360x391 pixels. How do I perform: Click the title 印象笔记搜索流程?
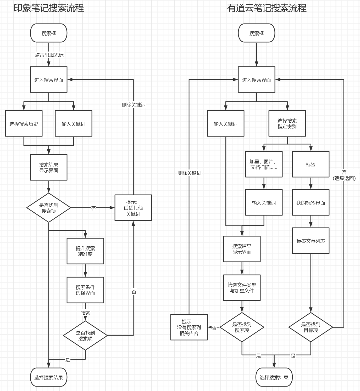pos(49,8)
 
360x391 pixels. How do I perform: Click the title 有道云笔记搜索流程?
pos(267,8)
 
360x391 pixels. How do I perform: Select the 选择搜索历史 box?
pos(24,123)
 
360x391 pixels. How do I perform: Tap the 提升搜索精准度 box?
pos(85,251)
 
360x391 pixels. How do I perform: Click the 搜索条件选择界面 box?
pos(85,290)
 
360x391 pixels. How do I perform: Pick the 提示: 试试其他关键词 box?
pos(133,208)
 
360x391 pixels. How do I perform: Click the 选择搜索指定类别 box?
pos(287,123)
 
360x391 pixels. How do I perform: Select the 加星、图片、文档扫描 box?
pos(264,164)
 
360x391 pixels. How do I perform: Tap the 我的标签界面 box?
pos(311,203)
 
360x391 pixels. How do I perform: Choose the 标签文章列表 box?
pos(311,241)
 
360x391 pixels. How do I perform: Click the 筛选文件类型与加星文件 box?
pos(242,288)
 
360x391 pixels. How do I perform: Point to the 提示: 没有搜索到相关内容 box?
pos(189,327)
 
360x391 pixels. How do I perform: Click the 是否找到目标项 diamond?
pos(311,327)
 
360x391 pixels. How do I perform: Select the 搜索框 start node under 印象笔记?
pos(49,33)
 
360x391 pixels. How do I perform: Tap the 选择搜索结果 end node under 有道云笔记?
pos(274,377)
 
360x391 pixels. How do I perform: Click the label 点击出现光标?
pos(49,55)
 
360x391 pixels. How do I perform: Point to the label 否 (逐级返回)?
pos(344,175)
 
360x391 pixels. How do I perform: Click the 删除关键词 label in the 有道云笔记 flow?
pos(189,173)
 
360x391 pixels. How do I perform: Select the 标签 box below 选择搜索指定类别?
pos(311,164)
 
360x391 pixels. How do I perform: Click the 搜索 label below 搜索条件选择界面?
pos(86,313)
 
